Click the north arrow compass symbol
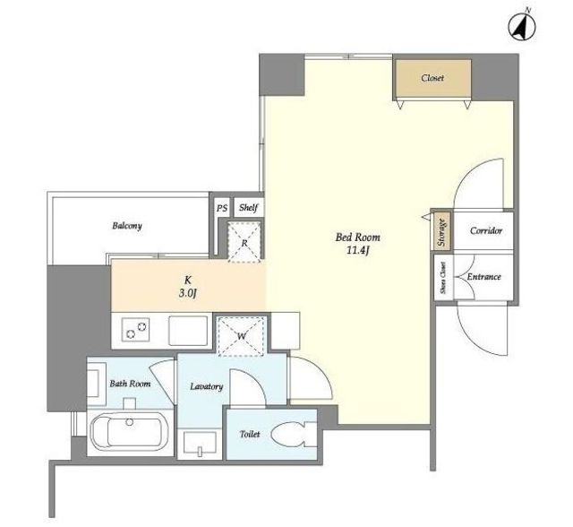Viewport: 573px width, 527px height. (x=522, y=27)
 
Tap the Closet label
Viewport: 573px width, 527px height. (x=432, y=78)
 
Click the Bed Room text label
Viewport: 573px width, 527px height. (x=358, y=238)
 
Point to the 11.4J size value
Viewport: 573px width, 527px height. (x=358, y=251)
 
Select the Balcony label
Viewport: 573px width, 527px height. (x=127, y=226)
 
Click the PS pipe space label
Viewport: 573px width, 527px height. (x=222, y=208)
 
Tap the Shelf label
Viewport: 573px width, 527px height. (x=249, y=208)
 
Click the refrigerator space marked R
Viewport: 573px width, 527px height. (x=244, y=242)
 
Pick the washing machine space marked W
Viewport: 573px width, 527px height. (x=241, y=336)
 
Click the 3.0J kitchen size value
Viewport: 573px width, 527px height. (x=188, y=293)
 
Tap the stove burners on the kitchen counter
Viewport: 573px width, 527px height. (x=135, y=330)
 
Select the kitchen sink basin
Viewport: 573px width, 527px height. (x=188, y=331)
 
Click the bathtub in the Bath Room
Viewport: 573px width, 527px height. (x=130, y=432)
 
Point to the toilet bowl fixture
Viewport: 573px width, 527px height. (x=294, y=434)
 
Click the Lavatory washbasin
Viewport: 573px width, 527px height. (x=200, y=444)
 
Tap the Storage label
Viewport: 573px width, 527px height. (x=441, y=232)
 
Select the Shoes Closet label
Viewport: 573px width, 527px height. (x=443, y=278)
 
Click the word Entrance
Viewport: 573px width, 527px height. (x=483, y=277)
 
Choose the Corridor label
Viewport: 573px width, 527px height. (x=486, y=230)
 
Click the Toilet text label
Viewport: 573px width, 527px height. (x=250, y=434)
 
